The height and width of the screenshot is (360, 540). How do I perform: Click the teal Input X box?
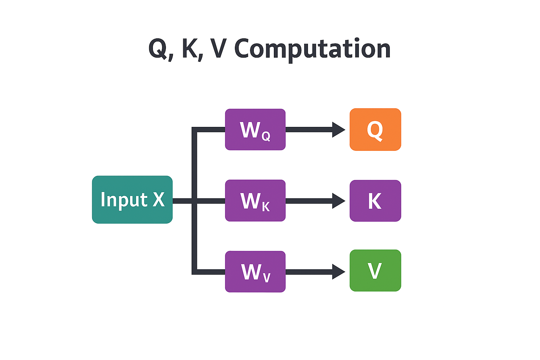click(132, 199)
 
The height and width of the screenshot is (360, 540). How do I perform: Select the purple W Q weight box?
click(255, 129)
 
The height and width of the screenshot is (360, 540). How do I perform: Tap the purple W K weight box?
click(255, 200)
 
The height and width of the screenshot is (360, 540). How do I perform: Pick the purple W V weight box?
click(255, 271)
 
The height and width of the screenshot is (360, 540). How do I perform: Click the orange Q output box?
click(375, 129)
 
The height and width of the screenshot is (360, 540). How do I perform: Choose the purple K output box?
click(375, 200)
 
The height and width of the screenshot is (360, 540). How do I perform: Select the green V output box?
click(375, 270)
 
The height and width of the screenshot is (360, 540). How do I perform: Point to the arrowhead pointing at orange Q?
click(338, 130)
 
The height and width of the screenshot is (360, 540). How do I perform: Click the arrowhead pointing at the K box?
click(338, 201)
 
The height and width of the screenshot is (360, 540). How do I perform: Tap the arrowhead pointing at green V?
click(338, 272)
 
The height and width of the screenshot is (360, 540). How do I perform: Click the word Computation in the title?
click(312, 49)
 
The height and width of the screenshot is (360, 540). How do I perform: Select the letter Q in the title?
click(158, 49)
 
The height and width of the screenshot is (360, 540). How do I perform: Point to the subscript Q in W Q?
click(266, 136)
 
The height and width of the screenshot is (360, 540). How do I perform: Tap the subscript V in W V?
click(266, 278)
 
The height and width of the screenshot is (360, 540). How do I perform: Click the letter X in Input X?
click(159, 199)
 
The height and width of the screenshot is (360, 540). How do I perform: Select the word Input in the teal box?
click(124, 200)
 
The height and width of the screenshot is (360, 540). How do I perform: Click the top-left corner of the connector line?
click(194, 130)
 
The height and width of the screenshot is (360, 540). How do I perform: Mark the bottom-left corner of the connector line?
click(194, 272)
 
